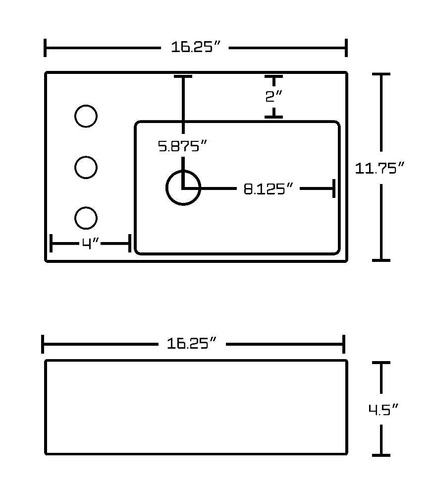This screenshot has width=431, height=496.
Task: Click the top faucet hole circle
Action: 86,105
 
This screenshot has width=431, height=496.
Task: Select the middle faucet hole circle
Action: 86,157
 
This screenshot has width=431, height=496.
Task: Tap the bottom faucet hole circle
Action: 86,207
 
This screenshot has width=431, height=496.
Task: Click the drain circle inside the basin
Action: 183,171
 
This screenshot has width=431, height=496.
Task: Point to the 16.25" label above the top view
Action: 195,47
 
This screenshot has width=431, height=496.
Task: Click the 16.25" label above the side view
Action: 192,343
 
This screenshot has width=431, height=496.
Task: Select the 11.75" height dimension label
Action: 379,168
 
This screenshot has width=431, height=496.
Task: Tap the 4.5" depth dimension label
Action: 383,410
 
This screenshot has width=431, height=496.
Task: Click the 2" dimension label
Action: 273,96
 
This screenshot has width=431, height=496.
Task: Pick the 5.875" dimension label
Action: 182,146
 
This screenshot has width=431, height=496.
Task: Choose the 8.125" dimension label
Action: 269,189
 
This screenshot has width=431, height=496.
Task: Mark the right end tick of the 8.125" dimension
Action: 334,188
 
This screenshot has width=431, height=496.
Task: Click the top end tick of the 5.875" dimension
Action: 183,76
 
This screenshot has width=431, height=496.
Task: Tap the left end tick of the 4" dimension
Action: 51,243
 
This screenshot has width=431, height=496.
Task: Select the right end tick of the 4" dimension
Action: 130,243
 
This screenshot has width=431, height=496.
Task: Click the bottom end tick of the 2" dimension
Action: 273,117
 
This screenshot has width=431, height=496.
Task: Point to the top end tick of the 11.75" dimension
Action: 381,74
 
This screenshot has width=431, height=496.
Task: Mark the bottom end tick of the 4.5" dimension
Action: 381,455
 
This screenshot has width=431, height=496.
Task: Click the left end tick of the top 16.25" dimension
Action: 45,48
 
